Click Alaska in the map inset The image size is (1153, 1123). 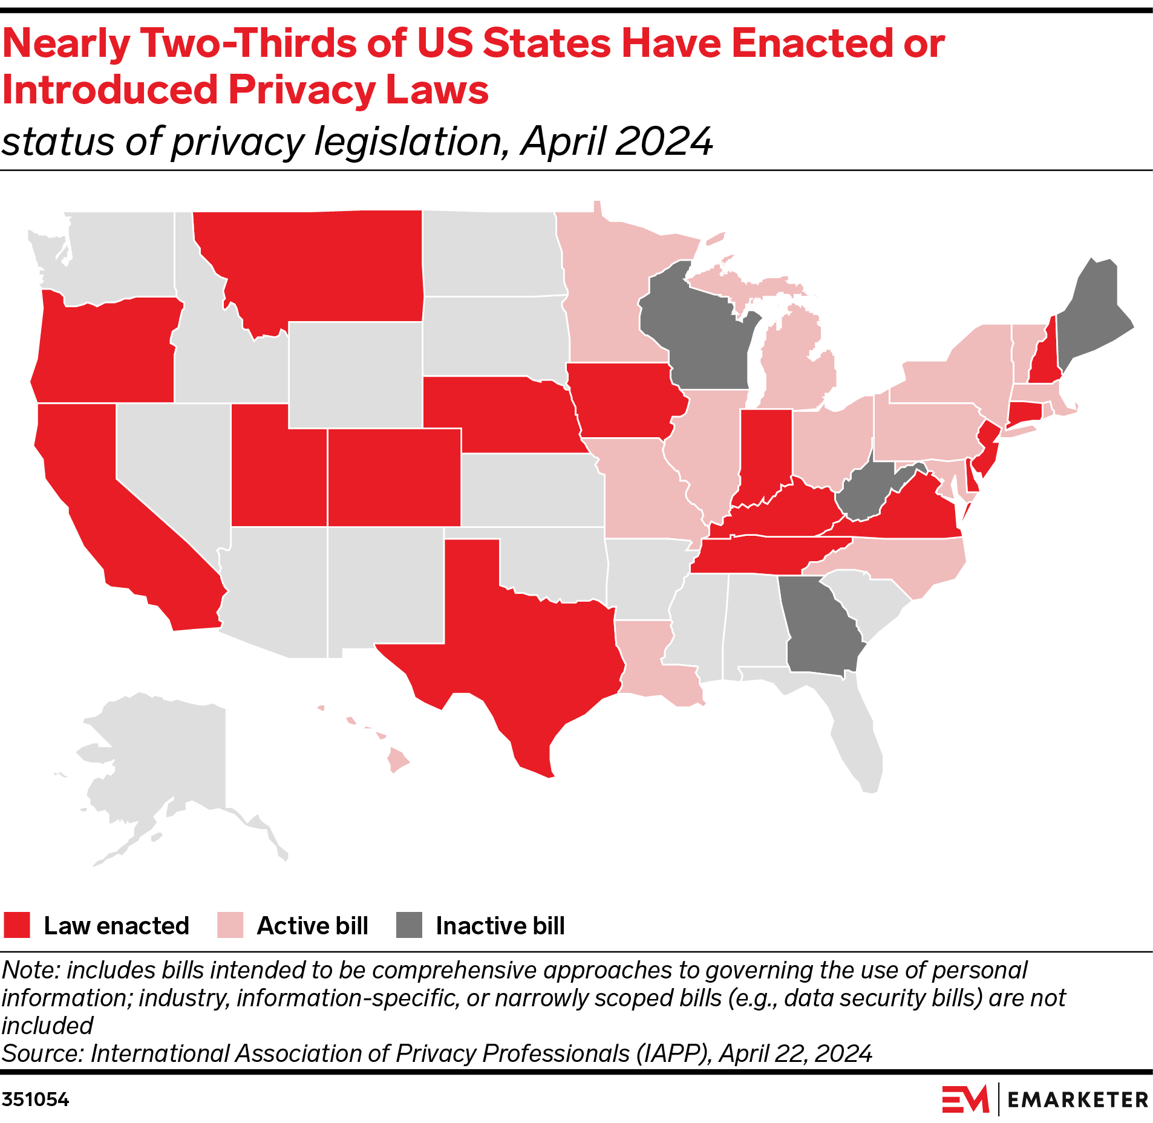click(x=163, y=762)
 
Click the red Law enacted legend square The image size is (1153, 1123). click(x=16, y=925)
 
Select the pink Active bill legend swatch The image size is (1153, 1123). click(x=230, y=925)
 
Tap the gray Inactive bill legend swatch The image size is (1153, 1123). click(x=409, y=925)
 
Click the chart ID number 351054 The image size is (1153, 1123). click(x=35, y=1099)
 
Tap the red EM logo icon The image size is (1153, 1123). click(x=965, y=1099)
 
